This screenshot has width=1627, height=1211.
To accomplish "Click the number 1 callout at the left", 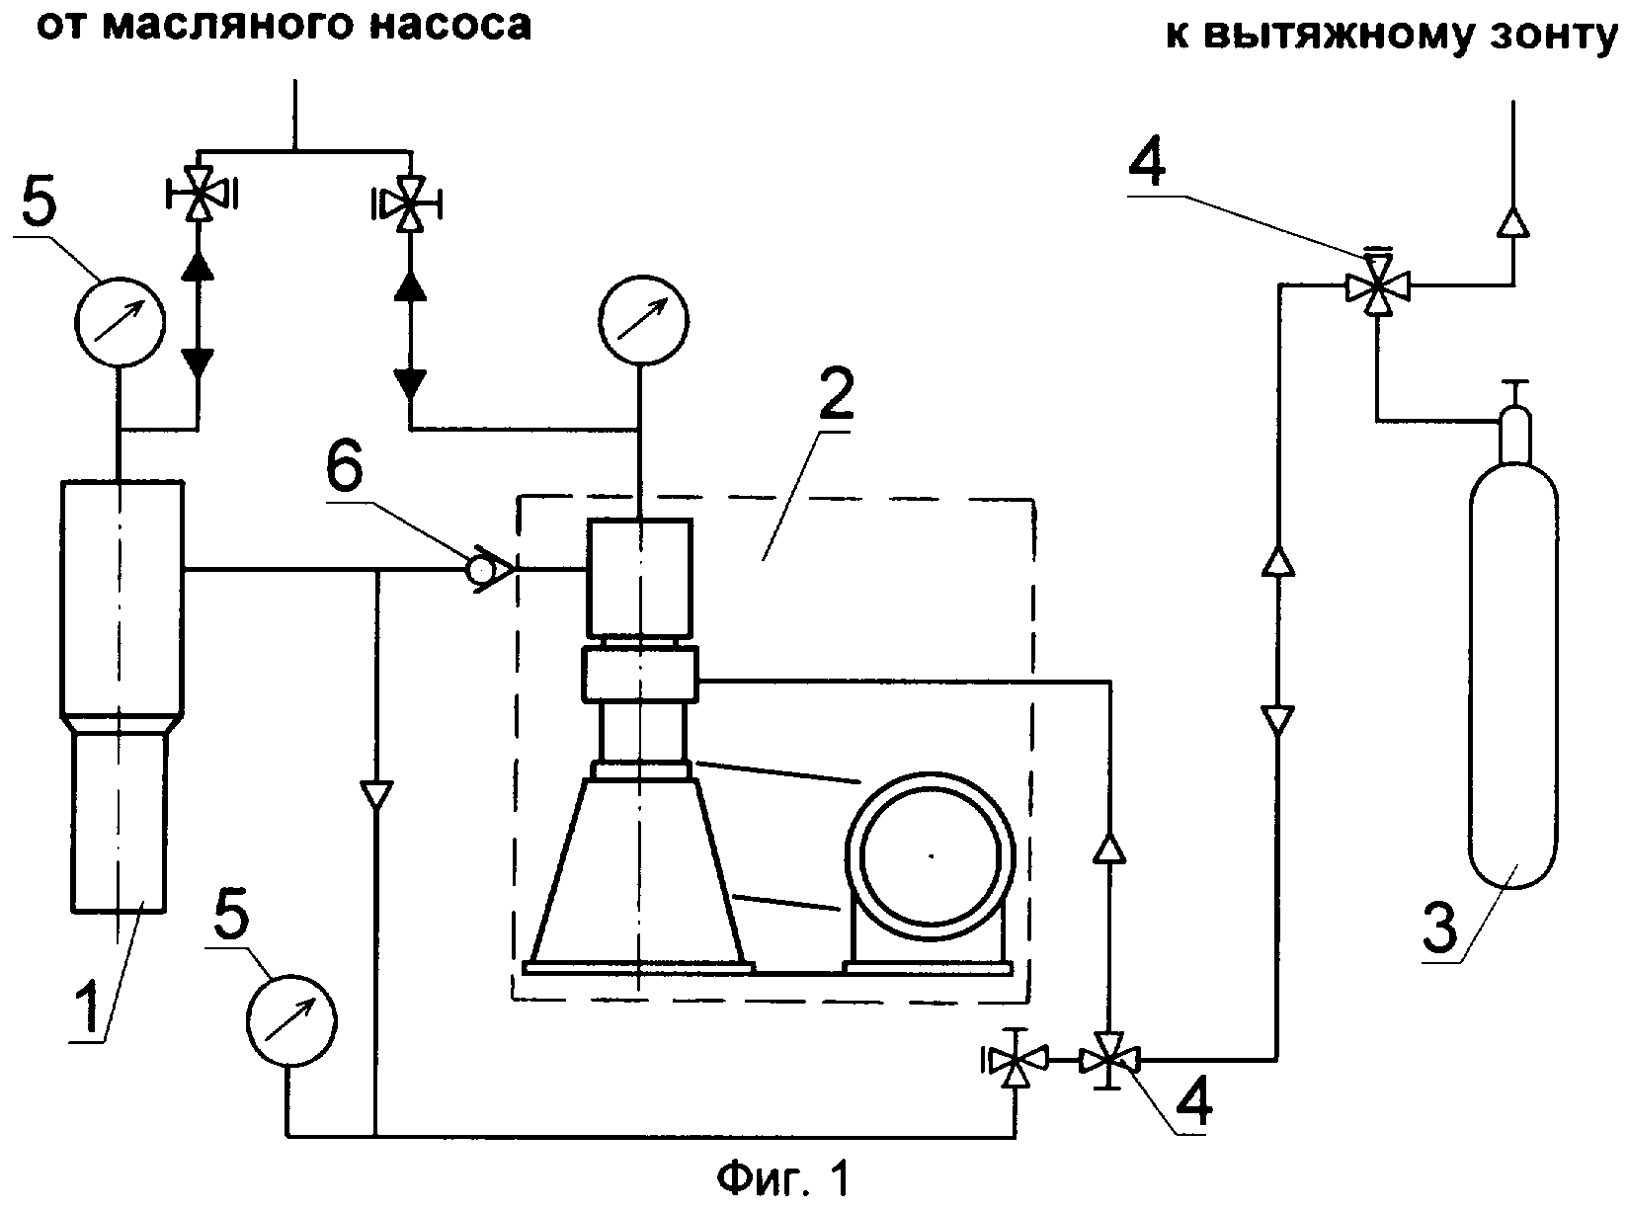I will pos(88,1003).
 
